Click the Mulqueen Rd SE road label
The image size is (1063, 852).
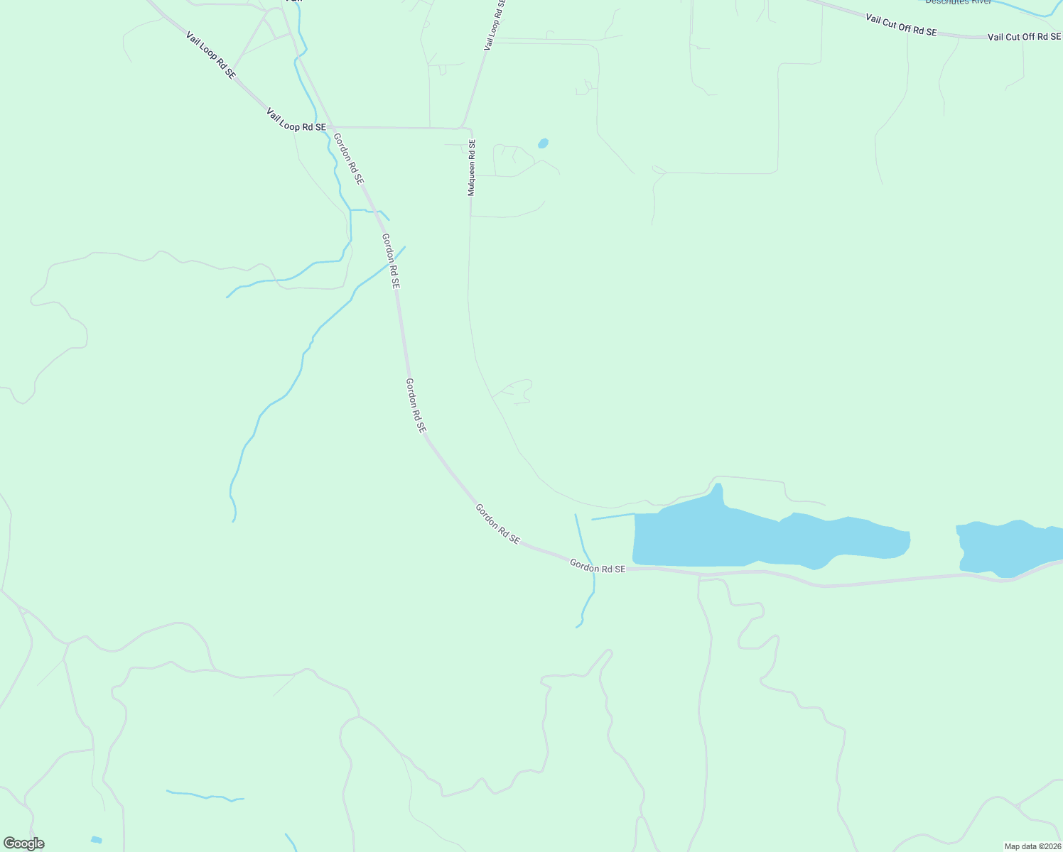tap(471, 168)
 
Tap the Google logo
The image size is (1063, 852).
tap(23, 843)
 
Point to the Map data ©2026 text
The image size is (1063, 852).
tap(1032, 846)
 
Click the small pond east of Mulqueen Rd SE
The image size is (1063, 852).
tap(543, 143)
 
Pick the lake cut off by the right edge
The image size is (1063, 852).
tap(1009, 548)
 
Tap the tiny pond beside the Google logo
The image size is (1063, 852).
tap(96, 840)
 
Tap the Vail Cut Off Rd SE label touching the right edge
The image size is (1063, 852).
tap(1024, 37)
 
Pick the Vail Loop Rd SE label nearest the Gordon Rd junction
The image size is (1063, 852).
tap(296, 119)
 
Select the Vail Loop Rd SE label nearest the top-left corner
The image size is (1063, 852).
tap(210, 55)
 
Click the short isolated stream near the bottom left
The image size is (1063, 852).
tap(205, 795)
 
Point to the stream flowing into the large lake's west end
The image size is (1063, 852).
tap(613, 516)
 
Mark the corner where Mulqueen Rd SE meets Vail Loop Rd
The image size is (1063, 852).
tap(468, 130)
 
